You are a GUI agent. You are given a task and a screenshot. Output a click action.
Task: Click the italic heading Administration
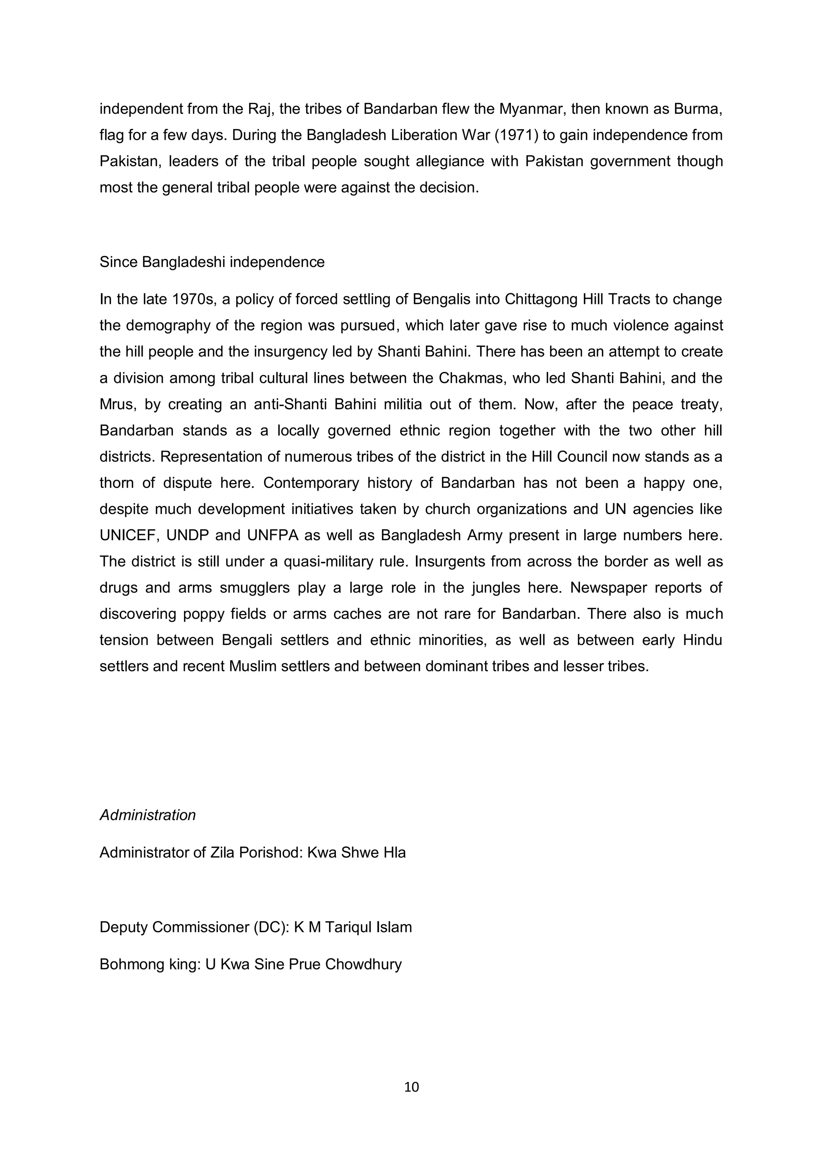coord(147,815)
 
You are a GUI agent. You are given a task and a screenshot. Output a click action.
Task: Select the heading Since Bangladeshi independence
coord(212,262)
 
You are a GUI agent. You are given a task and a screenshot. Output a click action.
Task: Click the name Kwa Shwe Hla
coord(356,853)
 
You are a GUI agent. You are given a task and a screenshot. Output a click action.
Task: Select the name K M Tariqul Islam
coord(353,927)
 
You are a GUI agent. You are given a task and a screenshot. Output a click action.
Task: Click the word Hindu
coord(702,640)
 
